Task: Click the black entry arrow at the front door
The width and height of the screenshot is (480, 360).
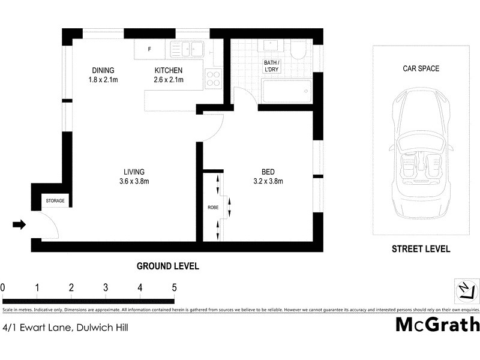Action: click(19, 225)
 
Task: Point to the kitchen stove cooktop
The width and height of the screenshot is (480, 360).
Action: click(213, 78)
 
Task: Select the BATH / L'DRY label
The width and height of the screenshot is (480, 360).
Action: click(272, 66)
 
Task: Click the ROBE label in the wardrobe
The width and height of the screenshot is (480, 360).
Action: click(212, 208)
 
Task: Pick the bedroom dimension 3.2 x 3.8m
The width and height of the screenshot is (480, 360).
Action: click(268, 181)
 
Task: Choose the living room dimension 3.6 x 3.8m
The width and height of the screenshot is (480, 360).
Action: click(134, 181)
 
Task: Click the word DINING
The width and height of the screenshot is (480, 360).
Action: click(103, 70)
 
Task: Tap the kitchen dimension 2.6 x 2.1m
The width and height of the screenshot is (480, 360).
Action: click(168, 80)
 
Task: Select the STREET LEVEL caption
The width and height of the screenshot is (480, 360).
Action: click(421, 249)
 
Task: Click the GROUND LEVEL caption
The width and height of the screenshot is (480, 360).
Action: click(168, 266)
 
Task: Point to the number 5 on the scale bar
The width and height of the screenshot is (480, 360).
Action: click(175, 287)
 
